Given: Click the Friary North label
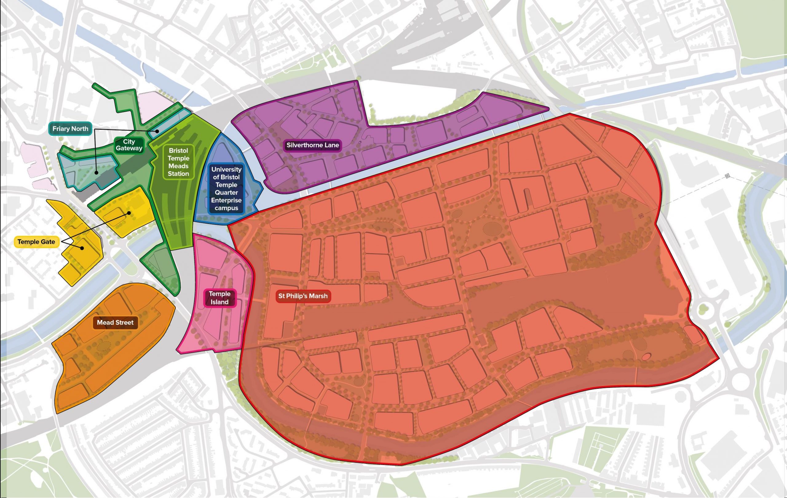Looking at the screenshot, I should point(70,129).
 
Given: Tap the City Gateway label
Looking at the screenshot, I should point(129,145).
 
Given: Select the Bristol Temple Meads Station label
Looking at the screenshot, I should point(178,162).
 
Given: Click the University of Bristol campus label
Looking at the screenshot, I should point(226,188).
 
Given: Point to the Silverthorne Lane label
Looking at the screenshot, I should point(312,145).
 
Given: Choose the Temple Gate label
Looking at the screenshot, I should point(36,242).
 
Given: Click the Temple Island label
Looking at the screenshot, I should point(219,298).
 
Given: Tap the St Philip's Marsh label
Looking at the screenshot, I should point(303,296).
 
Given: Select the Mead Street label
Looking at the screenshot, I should point(115,322).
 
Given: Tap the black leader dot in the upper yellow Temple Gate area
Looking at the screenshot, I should point(129,213).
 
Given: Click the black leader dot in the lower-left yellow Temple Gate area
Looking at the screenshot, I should point(82,248).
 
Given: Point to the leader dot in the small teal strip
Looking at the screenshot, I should point(157,131).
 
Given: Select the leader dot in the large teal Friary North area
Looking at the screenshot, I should point(96,173).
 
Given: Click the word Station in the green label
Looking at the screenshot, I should point(178,173).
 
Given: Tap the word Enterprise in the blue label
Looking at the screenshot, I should point(226,200).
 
